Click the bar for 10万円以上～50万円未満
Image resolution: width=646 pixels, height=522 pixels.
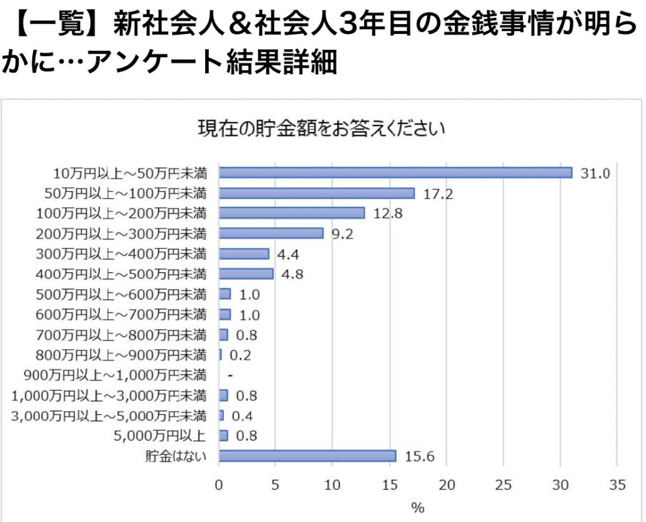tap(396, 173)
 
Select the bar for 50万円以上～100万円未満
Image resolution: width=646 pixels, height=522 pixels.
tap(317, 193)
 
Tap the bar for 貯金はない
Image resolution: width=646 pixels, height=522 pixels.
tap(307, 456)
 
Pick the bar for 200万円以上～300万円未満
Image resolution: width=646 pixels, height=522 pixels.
tap(271, 233)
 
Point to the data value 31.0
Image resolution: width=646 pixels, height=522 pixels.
tap(596, 173)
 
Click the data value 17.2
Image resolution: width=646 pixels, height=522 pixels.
tap(438, 194)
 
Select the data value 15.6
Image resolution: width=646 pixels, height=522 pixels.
tap(420, 456)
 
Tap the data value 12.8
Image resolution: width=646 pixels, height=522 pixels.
tap(388, 214)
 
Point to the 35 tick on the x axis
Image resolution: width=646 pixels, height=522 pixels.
tap(618, 485)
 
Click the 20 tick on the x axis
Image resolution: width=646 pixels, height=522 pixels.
tap(447, 485)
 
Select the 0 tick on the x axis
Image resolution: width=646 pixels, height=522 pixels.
tap(219, 485)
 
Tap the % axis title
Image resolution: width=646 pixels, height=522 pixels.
tap(418, 507)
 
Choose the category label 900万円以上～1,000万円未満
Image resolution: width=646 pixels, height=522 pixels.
tap(115, 376)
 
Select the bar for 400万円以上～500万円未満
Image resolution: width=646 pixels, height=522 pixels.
tap(246, 274)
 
